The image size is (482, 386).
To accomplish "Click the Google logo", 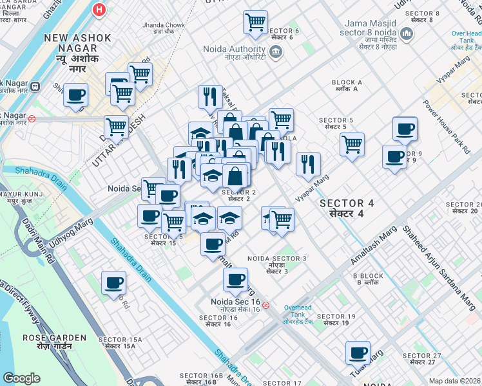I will coord(21,378).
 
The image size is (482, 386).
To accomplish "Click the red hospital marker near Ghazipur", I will coord(99,10).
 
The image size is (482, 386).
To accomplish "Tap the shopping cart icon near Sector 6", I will coord(255,22).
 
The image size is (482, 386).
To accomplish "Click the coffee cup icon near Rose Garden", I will coord(113,283).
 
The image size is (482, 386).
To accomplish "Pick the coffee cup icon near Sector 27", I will coord(358,353).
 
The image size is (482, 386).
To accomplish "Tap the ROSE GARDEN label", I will coord(54,338).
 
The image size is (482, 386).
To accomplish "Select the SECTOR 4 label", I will coord(347,203).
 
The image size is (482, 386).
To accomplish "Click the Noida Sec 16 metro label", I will coord(235,302).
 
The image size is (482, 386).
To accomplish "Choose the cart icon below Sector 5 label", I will coord(352,144).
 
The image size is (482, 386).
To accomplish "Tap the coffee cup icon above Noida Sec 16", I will coord(235,279).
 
